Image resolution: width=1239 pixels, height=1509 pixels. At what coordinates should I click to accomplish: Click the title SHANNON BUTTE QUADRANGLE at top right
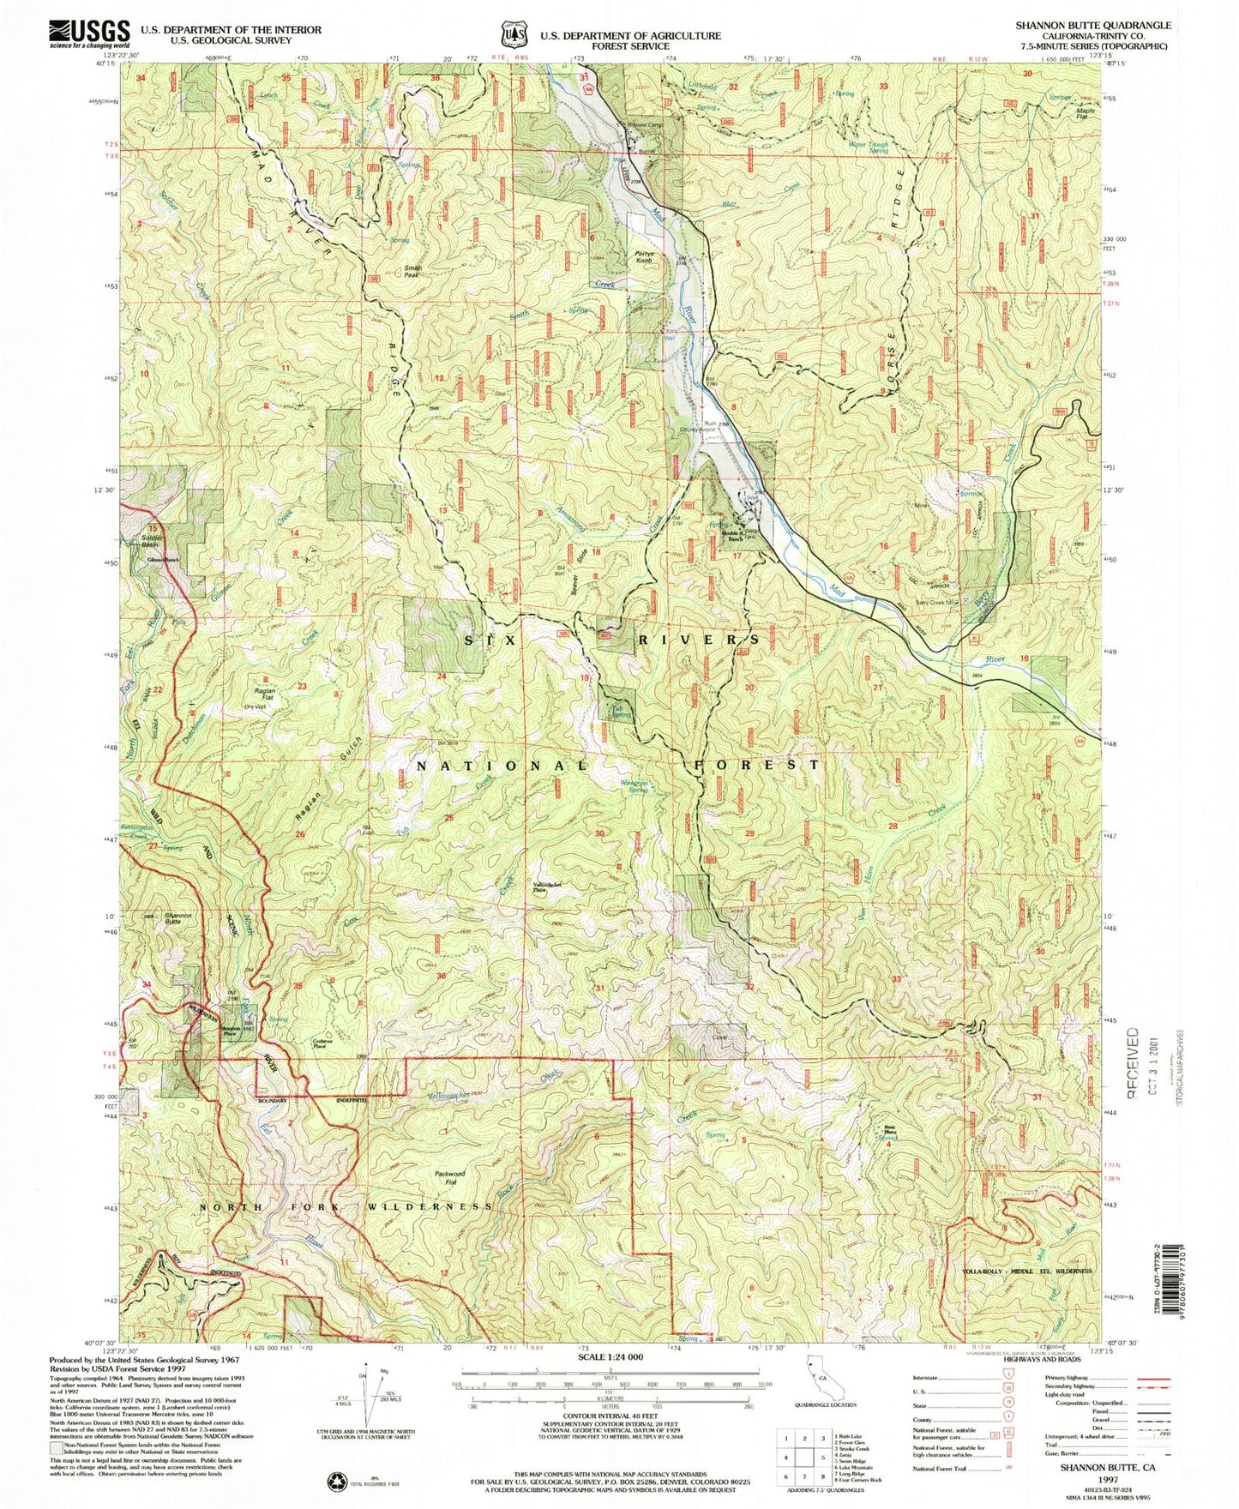point(1092,27)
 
